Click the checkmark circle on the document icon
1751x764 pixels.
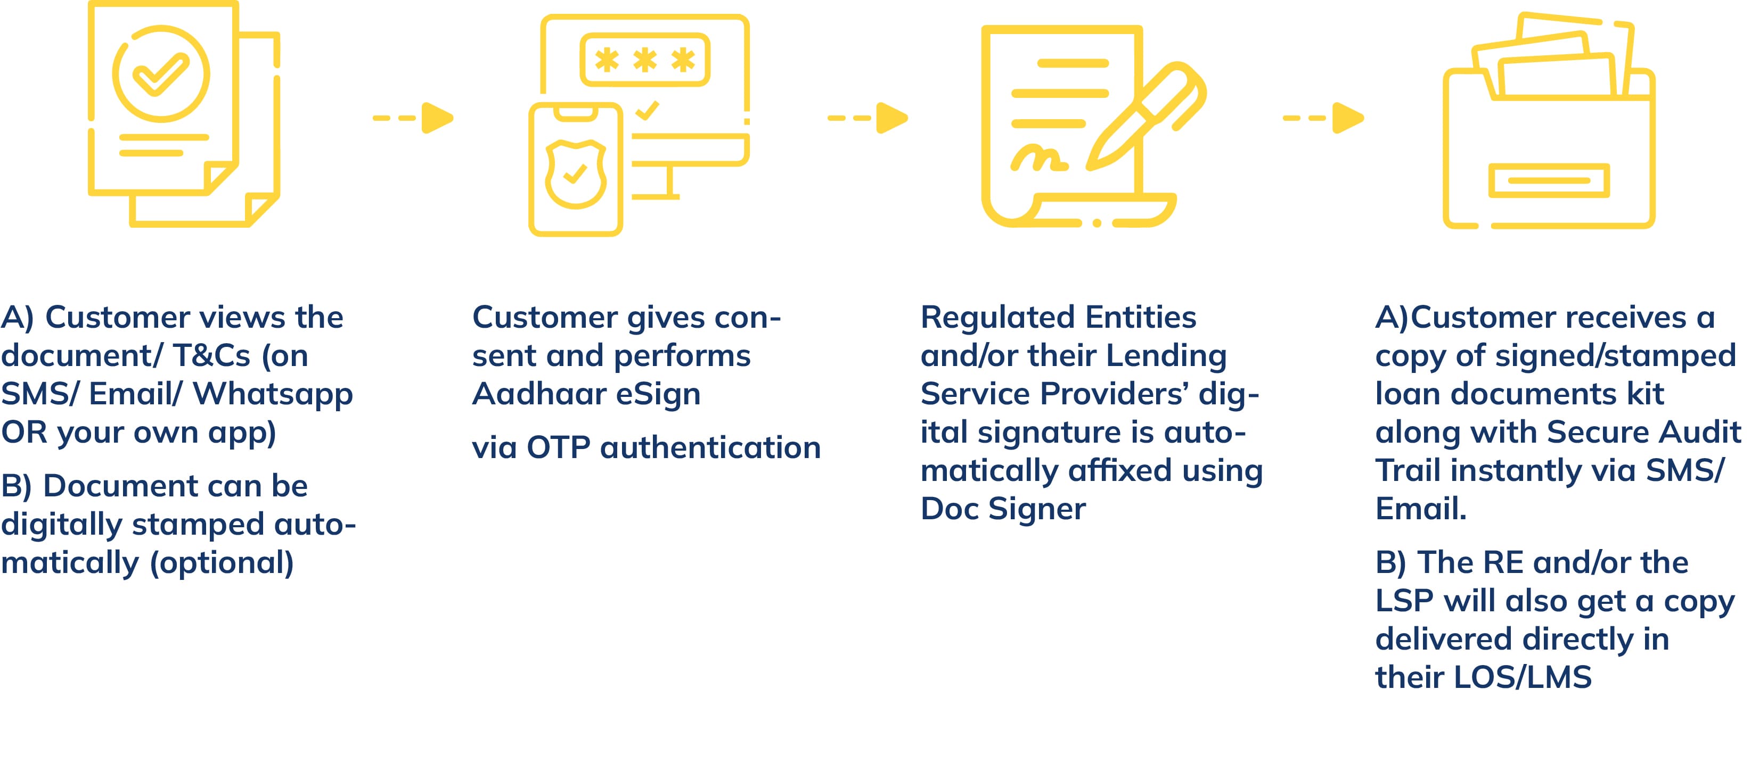click(161, 74)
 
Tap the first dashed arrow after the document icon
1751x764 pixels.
click(413, 118)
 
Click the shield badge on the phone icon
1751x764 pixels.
click(576, 175)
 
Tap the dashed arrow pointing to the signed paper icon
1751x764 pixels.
click(868, 118)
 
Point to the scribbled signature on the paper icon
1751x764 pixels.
click(1038, 160)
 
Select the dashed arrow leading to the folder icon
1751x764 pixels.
click(1323, 118)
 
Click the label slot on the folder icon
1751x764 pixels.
click(1549, 181)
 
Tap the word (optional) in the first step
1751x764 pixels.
click(221, 563)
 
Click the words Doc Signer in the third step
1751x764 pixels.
click(1003, 509)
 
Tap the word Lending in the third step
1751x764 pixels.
click(1166, 356)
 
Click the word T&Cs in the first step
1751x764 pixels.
click(211, 356)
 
